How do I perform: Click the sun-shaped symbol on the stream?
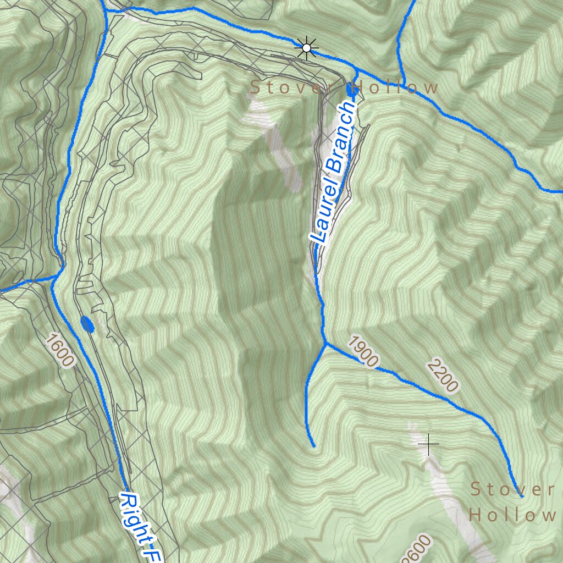tap(306, 48)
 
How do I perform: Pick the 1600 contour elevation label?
tap(59, 350)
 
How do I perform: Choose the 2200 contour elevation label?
tap(442, 375)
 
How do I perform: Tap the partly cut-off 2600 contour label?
tap(416, 550)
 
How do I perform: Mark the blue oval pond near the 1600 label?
tap(87, 324)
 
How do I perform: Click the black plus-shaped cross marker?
tap(428, 443)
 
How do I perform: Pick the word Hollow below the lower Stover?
tap(512, 515)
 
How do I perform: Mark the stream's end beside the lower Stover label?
tap(521, 496)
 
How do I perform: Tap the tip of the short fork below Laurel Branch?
tap(313, 446)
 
